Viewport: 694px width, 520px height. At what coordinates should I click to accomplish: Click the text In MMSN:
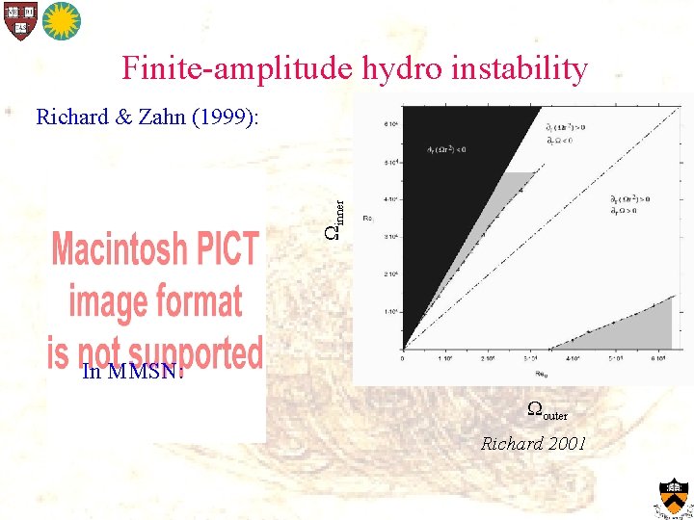(132, 372)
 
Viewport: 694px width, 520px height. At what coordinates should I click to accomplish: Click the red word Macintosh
(155, 250)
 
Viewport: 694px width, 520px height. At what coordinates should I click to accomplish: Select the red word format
(199, 301)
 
